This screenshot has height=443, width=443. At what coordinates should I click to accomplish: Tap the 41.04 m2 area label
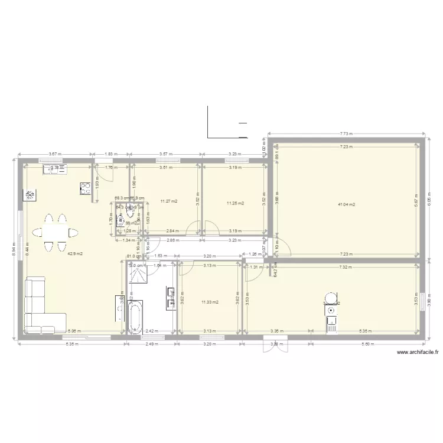click(x=346, y=205)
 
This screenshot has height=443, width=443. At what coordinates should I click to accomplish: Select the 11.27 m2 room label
click(x=169, y=201)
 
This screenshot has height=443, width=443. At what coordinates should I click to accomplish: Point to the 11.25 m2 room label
click(x=235, y=205)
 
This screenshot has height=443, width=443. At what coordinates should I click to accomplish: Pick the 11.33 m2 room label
click(x=210, y=302)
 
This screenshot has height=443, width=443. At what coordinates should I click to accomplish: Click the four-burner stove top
click(x=84, y=188)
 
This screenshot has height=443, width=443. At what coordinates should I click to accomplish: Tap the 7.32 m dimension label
click(x=347, y=267)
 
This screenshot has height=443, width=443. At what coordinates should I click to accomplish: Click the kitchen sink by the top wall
click(x=57, y=169)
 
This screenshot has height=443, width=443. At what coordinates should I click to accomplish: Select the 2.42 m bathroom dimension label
click(x=150, y=332)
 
